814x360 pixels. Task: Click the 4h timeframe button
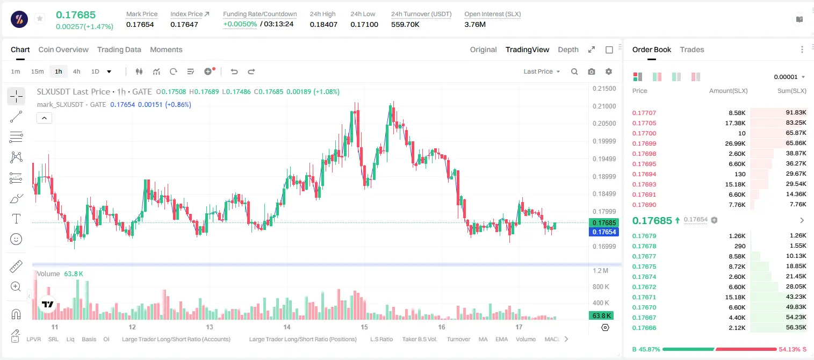[x=76, y=71]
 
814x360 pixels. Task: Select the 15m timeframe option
[x=38, y=71]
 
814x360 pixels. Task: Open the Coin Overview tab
[x=63, y=49]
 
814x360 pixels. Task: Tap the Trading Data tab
[x=119, y=49]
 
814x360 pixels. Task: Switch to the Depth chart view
[x=568, y=49]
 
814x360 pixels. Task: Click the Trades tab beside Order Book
[x=692, y=49]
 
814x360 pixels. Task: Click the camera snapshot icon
[x=592, y=71]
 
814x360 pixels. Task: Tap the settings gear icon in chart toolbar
[x=609, y=71]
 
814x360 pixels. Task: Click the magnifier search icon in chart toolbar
[x=574, y=71]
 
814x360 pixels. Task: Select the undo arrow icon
[x=234, y=71]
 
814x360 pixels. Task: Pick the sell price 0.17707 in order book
[x=644, y=113]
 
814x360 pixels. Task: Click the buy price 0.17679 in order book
[x=644, y=236]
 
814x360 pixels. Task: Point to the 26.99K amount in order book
[x=735, y=143]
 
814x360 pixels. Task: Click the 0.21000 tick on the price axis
[x=604, y=106]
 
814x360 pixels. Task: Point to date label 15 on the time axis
[x=364, y=327]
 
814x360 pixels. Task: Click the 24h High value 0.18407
[x=323, y=24]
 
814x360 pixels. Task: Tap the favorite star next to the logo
[x=40, y=18]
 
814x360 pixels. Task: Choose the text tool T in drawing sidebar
[x=16, y=219]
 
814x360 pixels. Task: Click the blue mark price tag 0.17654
[x=604, y=232]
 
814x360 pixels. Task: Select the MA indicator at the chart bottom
[x=483, y=339]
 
